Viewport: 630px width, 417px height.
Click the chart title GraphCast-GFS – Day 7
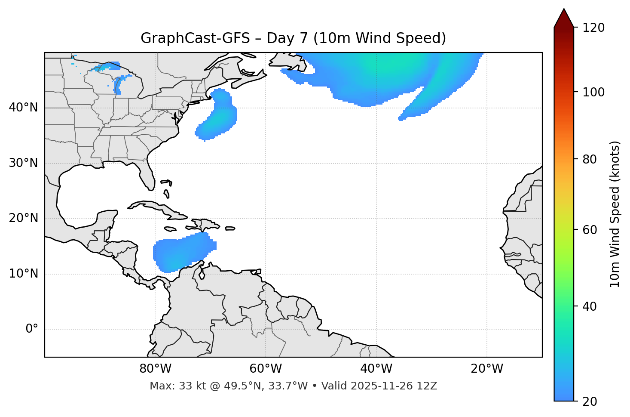tap(293, 38)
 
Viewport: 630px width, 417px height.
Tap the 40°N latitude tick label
tap(23, 108)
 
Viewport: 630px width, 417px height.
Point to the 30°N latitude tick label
tap(23, 163)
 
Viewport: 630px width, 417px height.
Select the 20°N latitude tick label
tap(23, 218)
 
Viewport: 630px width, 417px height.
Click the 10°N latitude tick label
tap(23, 274)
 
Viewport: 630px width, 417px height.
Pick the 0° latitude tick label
tap(32, 329)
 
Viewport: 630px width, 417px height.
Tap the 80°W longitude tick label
tap(155, 369)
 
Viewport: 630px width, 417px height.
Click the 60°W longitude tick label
tap(266, 369)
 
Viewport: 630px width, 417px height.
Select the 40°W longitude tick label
tap(376, 369)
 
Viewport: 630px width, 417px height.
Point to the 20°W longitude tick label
tap(486, 369)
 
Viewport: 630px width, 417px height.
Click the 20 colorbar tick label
tap(590, 402)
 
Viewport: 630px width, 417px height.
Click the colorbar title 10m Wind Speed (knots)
tap(615, 214)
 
